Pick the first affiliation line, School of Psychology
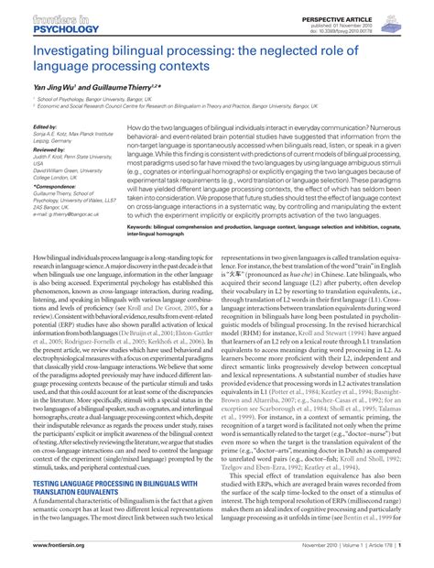point(92,97)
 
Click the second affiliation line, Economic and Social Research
point(183,105)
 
